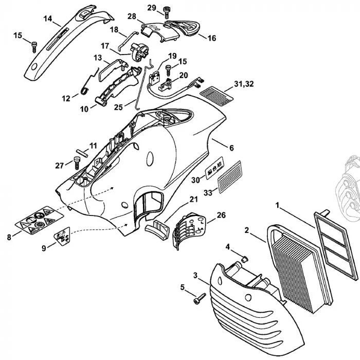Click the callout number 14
tap(48, 19)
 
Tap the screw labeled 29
tap(167, 10)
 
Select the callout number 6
tap(231, 148)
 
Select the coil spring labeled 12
tap(85, 91)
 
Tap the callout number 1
tap(278, 205)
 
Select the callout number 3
tap(195, 275)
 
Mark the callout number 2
tap(247, 230)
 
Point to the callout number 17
tap(105, 46)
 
